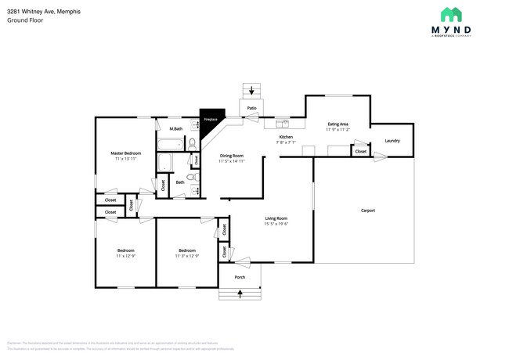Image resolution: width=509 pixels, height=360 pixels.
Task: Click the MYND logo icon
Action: click(450, 14)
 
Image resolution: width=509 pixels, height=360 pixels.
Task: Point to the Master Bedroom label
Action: click(125, 153)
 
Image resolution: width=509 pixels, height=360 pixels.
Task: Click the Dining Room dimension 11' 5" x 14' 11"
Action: click(232, 161)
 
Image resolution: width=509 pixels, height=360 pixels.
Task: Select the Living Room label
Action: click(276, 218)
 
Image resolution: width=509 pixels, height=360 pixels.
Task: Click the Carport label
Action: click(367, 210)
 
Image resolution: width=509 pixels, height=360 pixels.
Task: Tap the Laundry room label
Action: click(392, 141)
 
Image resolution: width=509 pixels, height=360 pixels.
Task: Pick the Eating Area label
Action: click(338, 124)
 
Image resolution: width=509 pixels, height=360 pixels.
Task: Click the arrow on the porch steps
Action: click(240, 293)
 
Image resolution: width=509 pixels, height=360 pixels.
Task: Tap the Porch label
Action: click(240, 276)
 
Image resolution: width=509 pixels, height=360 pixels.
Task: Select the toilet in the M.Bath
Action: click(191, 143)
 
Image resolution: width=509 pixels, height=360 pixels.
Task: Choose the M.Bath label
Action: click(176, 128)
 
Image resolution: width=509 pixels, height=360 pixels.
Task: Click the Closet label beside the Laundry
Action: click(360, 151)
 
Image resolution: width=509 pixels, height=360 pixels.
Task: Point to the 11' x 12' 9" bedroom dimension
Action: click(125, 256)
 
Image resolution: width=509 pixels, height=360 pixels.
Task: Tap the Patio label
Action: click(251, 108)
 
